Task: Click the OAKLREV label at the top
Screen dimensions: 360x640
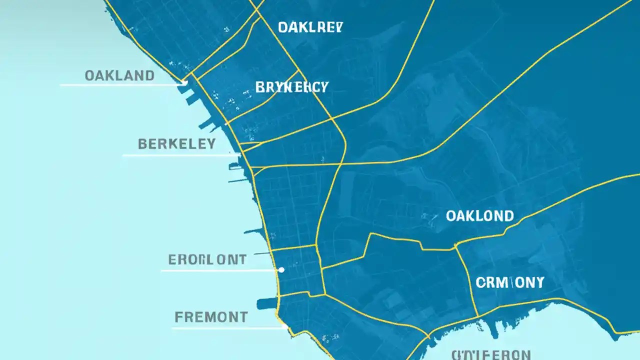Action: (310, 27)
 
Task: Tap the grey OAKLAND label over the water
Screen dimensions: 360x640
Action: (119, 76)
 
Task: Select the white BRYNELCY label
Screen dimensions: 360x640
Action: (291, 87)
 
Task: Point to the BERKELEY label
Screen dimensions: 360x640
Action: (176, 144)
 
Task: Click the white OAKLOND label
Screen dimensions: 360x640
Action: (479, 216)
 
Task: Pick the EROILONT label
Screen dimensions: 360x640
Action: (207, 259)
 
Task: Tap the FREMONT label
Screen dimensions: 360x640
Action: (211, 317)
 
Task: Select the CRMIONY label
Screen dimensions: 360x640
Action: (510, 282)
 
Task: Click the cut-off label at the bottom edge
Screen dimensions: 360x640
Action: (490, 354)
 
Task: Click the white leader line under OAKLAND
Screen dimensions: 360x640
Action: (120, 85)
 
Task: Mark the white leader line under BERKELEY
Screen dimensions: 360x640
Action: (180, 155)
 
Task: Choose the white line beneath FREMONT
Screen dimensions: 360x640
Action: (227, 328)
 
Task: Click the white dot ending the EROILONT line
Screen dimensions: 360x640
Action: (281, 270)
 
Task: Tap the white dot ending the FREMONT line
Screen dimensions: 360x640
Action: (285, 327)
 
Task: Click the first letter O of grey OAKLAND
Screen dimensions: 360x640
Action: (89, 76)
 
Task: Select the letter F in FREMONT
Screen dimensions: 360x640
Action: (178, 317)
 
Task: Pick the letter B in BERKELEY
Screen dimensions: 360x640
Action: (142, 144)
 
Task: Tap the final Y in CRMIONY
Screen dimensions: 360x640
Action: (538, 282)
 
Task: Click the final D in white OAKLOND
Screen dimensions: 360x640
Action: (508, 216)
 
